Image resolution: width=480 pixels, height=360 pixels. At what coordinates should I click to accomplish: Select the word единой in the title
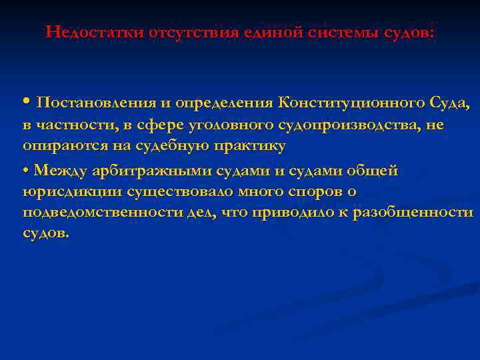[259, 32]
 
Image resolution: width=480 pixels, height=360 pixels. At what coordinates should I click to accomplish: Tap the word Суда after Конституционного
[449, 103]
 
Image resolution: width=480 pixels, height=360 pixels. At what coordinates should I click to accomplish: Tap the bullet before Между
[25, 171]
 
